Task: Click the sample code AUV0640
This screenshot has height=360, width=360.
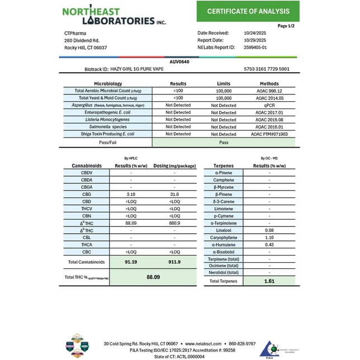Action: point(179,61)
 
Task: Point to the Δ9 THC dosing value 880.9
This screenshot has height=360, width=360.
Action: point(174,223)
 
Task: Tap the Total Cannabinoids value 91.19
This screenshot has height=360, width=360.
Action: point(131,261)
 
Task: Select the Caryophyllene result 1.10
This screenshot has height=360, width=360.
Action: point(269,238)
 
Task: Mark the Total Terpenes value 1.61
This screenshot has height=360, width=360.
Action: point(269,281)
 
